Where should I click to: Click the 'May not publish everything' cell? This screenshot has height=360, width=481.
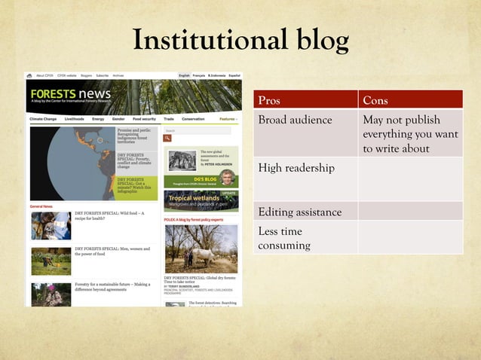pos(409,134)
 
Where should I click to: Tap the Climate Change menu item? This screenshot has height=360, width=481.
pos(43,119)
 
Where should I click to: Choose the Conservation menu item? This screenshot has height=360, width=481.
pos(193,119)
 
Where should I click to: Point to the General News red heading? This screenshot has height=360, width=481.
pos(41,206)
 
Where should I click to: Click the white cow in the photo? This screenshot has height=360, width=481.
pos(200,256)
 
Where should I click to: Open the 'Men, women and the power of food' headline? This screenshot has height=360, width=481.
pos(112,251)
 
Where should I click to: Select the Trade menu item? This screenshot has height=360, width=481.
pos(169,119)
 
